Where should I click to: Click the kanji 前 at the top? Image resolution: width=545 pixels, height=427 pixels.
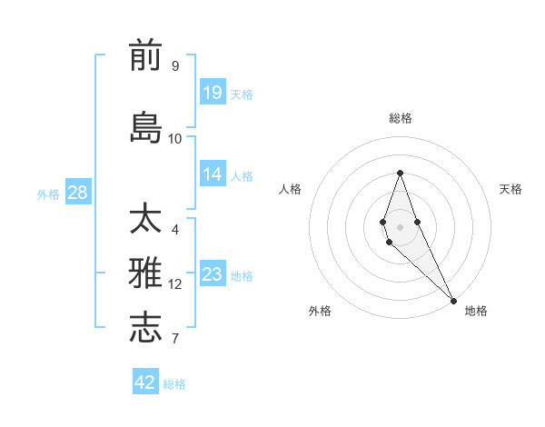[x=145, y=55]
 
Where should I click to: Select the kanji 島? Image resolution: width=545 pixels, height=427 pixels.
[x=145, y=127]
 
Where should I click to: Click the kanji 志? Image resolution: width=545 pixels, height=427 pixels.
[x=145, y=327]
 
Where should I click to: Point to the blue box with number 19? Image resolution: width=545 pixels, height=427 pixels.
[x=213, y=92]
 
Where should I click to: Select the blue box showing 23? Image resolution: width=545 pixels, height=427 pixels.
[x=213, y=274]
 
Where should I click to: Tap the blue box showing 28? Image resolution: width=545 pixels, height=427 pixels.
[x=77, y=193]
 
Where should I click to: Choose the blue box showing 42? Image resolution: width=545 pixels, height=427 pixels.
[x=145, y=382]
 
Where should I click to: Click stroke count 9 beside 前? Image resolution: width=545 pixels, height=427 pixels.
[x=175, y=66]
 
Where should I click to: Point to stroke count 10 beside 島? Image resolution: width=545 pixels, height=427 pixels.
[x=175, y=138]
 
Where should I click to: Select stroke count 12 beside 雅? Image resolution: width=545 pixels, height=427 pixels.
[x=175, y=284]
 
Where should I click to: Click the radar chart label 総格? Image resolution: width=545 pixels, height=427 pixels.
[x=400, y=118]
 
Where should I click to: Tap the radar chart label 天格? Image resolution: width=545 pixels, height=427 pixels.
[x=510, y=189]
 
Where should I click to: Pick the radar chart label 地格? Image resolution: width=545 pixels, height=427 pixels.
[x=476, y=311]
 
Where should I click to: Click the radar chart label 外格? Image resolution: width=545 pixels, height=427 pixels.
[x=320, y=311]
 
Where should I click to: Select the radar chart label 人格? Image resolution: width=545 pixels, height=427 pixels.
[x=290, y=189]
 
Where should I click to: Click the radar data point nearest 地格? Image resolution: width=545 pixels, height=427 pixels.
[x=453, y=300]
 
